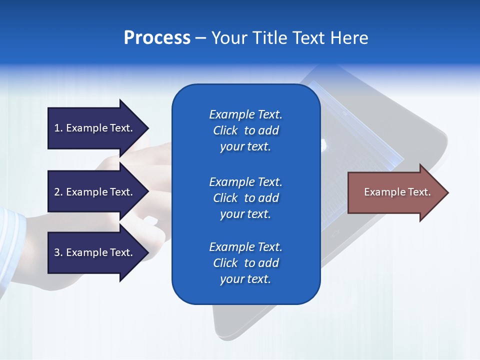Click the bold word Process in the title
[x=157, y=37]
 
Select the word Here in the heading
[x=348, y=37]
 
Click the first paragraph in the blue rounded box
[x=245, y=130]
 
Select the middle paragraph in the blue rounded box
[x=245, y=198]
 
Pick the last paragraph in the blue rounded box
[x=245, y=263]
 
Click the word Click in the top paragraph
[x=225, y=130]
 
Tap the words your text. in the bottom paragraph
[x=245, y=279]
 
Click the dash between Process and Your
[x=201, y=38]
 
